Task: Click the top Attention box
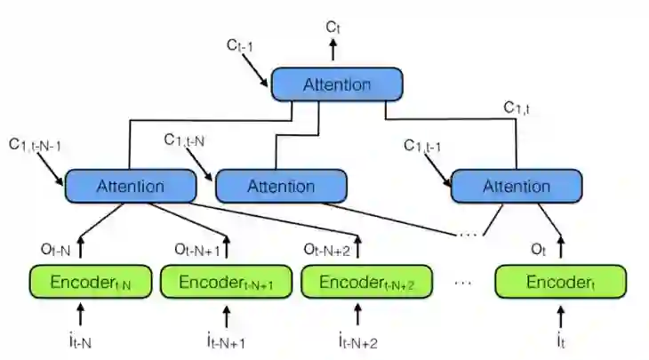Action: click(337, 84)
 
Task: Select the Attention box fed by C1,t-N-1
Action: click(129, 187)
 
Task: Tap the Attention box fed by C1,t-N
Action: click(281, 187)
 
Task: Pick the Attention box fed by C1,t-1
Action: click(517, 187)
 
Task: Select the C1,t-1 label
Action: click(429, 146)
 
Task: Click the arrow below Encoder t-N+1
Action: click(226, 315)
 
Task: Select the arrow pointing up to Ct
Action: click(333, 51)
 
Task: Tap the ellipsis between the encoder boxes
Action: click(462, 283)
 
